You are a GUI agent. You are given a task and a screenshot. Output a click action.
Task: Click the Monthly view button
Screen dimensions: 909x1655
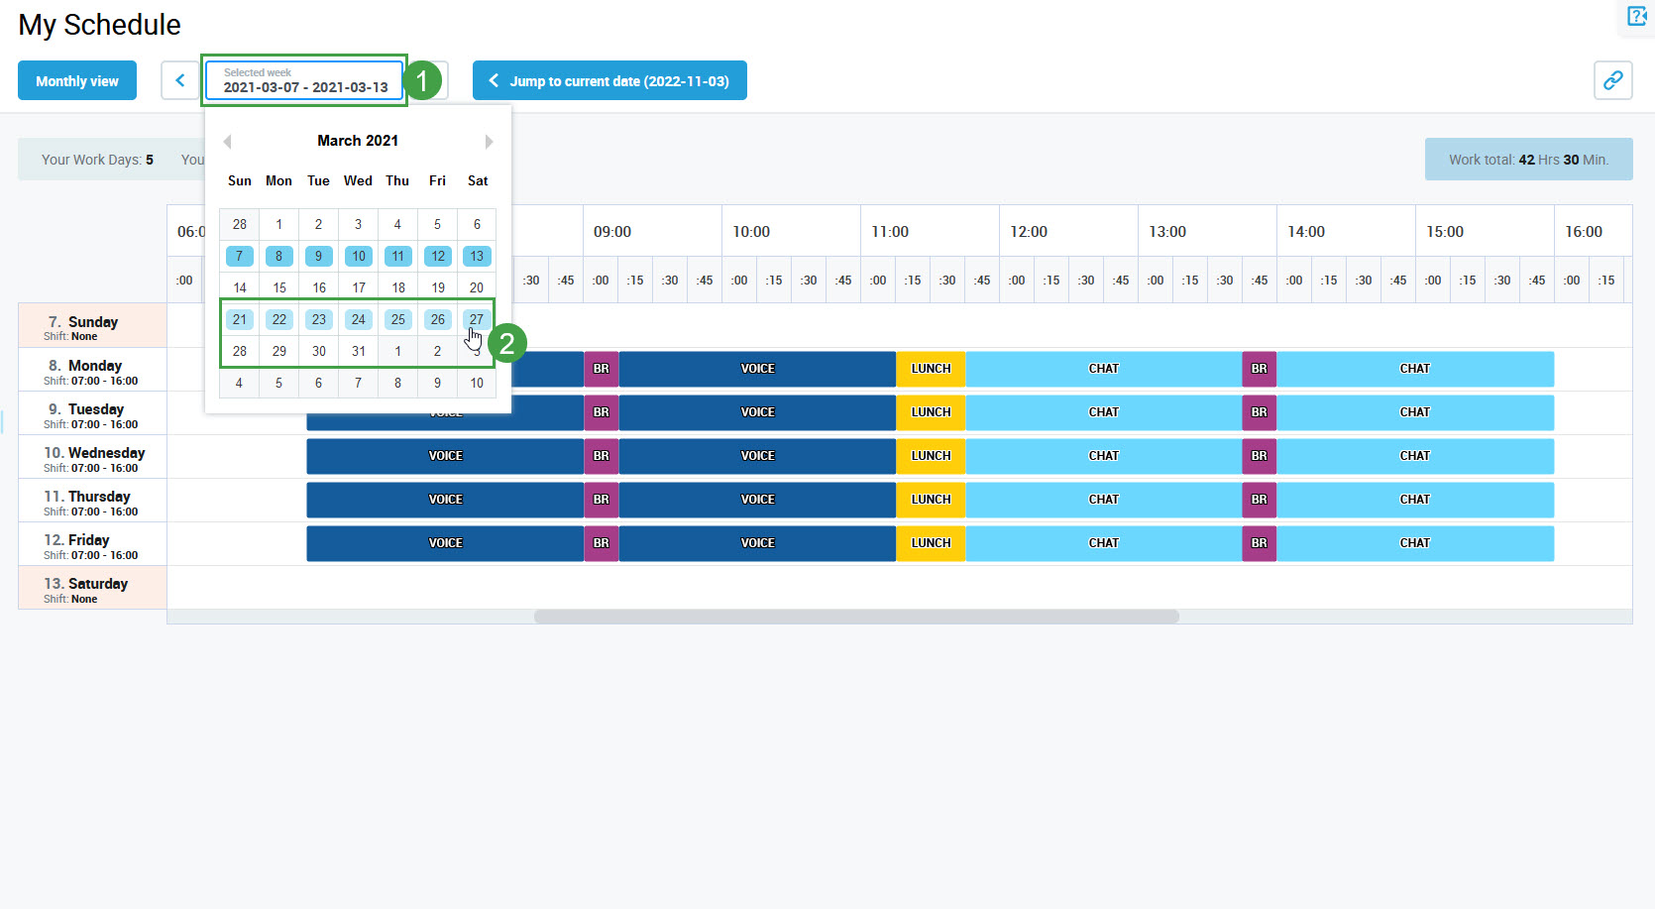[77, 81]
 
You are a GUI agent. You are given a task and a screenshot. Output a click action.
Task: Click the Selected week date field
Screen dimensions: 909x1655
[304, 80]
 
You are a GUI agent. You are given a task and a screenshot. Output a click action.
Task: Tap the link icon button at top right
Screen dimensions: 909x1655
[1612, 80]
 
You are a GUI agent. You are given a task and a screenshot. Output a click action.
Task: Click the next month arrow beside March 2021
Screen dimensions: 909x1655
[489, 142]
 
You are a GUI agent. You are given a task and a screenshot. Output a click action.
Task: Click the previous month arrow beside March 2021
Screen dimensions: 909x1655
[228, 142]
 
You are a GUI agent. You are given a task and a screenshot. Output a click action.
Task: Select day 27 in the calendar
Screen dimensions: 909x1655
[477, 319]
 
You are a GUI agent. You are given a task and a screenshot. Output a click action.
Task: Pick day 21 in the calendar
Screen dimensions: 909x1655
[240, 319]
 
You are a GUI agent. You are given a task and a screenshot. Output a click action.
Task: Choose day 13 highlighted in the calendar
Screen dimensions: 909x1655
[477, 256]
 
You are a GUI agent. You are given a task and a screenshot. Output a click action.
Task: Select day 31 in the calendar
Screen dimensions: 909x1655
[359, 351]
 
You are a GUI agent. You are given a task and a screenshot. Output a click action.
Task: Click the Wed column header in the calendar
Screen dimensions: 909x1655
[358, 180]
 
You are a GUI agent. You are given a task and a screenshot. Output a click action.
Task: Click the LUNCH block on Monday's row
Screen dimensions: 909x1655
[931, 369]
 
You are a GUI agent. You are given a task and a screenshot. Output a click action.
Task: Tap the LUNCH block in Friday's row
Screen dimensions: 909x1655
[931, 543]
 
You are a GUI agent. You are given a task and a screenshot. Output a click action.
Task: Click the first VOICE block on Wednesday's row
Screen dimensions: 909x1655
[445, 456]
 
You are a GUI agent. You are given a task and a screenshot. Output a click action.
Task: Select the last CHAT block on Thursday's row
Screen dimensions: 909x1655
[1414, 500]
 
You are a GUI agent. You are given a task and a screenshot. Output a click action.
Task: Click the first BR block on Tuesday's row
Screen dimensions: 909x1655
[602, 412]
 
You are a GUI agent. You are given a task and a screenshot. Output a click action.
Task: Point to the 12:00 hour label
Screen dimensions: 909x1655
[1029, 232]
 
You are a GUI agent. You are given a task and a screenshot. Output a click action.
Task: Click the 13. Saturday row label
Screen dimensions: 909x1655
[92, 588]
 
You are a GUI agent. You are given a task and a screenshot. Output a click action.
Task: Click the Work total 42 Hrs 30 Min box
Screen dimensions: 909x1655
[1528, 160]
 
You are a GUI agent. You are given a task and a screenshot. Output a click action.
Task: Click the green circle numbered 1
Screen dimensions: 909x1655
[422, 80]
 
